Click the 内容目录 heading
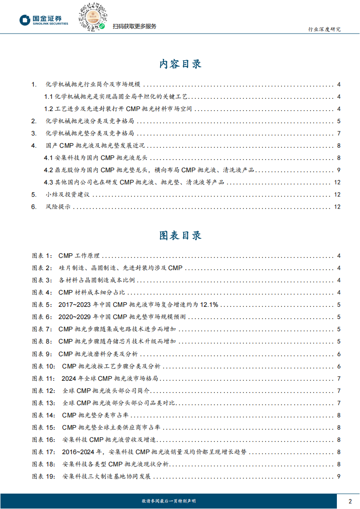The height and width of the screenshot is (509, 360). click(x=180, y=64)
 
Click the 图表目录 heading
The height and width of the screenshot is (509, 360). click(x=180, y=236)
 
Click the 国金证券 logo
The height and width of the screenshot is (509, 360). click(x=44, y=20)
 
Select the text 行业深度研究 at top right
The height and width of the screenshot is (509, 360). click(x=324, y=29)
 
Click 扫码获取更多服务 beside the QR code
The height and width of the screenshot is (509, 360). click(x=135, y=26)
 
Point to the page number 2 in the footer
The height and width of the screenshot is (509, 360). click(x=350, y=501)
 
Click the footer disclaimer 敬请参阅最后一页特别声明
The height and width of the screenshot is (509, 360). click(x=169, y=501)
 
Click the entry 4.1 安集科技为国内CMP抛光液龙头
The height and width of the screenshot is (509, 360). click(x=96, y=158)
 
